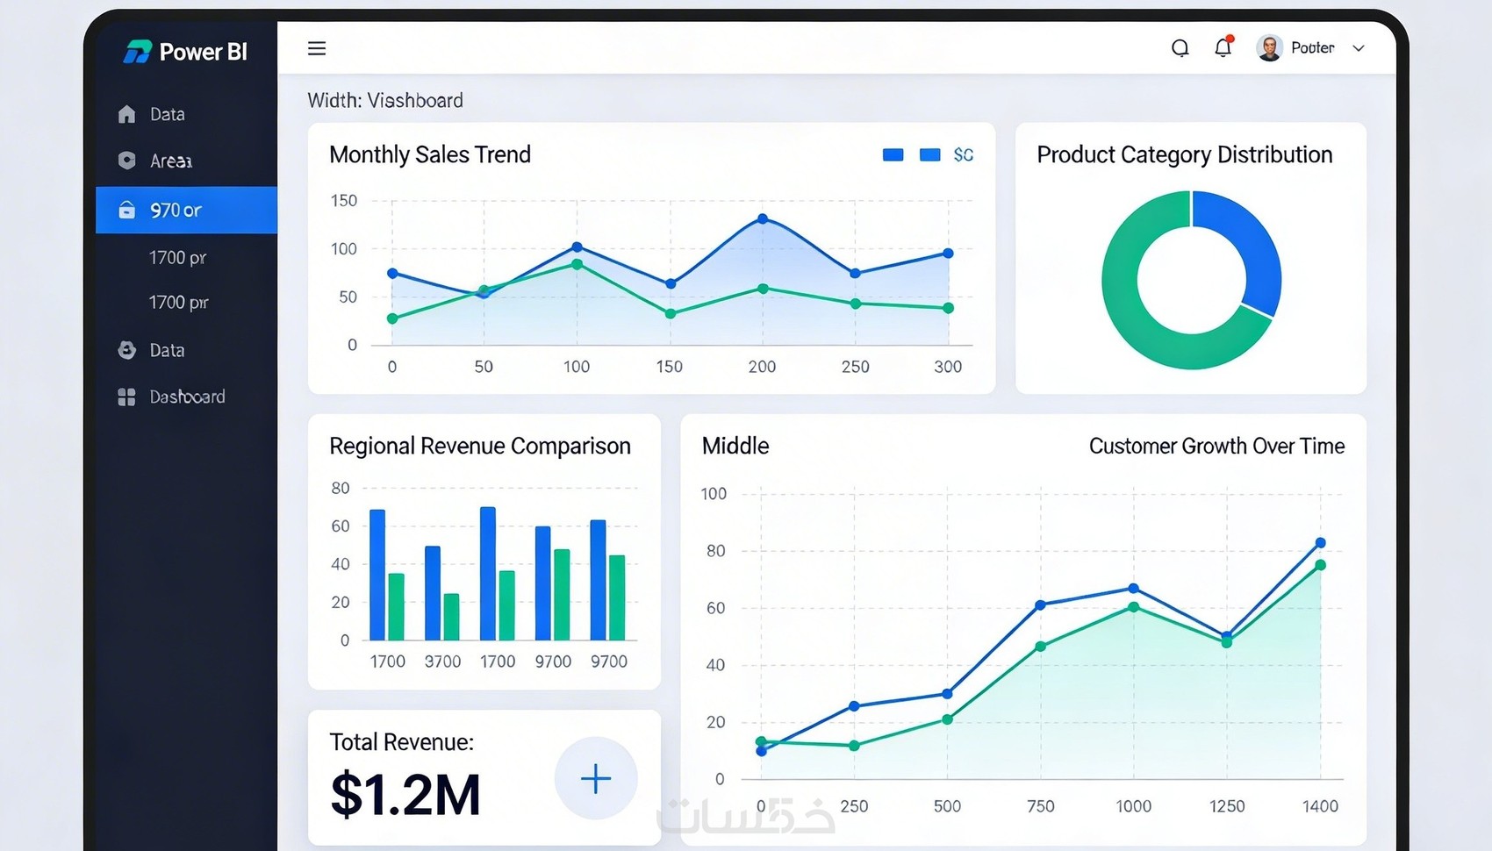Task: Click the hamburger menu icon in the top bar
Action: (x=317, y=48)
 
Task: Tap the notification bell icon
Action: (x=1223, y=47)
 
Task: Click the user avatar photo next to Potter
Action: (x=1269, y=48)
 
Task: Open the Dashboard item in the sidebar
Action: (x=186, y=397)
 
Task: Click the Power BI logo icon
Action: (x=137, y=52)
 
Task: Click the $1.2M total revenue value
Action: (x=405, y=795)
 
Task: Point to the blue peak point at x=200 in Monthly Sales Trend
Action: (x=763, y=218)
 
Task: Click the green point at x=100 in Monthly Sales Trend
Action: (x=577, y=263)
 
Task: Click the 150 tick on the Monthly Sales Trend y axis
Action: (x=344, y=201)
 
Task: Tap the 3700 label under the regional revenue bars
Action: (x=442, y=661)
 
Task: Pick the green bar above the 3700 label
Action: (x=451, y=616)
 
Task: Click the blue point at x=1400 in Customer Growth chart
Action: (x=1320, y=543)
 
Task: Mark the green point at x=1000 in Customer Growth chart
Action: (x=1133, y=607)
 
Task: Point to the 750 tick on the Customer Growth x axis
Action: (x=1041, y=806)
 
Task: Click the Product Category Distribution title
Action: (x=1184, y=154)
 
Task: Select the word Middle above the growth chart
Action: (x=735, y=446)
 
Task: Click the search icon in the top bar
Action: (x=1180, y=48)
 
